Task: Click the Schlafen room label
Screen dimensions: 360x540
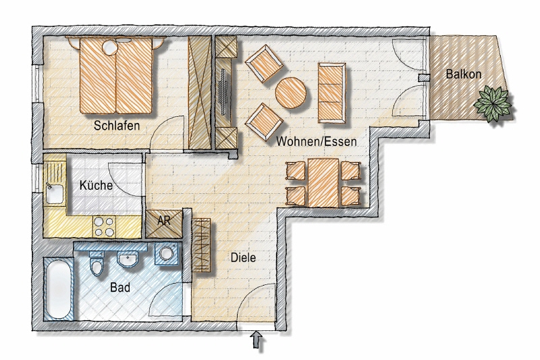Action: pos(117,125)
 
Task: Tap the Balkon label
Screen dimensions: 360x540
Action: pos(463,74)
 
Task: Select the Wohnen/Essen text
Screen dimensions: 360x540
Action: pos(317,142)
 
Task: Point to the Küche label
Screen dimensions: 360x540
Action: pos(96,186)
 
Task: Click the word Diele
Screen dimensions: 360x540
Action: pos(244,257)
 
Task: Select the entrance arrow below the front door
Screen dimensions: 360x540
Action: pos(257,340)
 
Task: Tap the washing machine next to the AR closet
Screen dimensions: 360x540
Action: pos(165,255)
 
